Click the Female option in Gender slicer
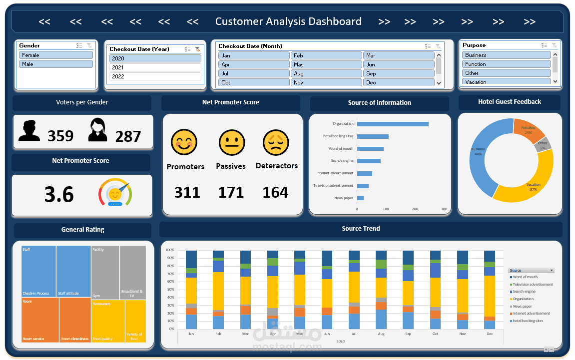coord(55,55)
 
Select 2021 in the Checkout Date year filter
coord(155,67)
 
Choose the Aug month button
coord(326,73)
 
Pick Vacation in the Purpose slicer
coord(506,82)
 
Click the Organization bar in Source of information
coord(392,124)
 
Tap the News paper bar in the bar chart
coord(360,198)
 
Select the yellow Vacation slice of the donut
coord(532,185)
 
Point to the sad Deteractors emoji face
coord(276,143)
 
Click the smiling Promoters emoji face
coord(184,142)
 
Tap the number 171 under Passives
coord(231,192)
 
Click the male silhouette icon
coord(29,131)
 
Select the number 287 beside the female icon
coord(128,136)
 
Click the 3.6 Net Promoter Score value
coord(59,195)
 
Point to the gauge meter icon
coord(115,193)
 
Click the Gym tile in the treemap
coord(105,272)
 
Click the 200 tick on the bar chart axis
coord(415,209)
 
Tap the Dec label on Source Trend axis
coord(489,334)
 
